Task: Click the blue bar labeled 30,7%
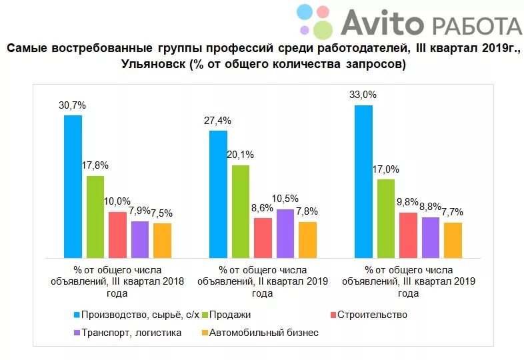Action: click(x=73, y=186)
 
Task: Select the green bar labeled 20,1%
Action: click(x=241, y=211)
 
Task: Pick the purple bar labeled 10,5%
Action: click(x=285, y=233)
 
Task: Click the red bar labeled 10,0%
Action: click(x=117, y=234)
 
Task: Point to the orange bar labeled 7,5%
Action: click(x=162, y=240)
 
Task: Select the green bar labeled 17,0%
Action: click(x=386, y=218)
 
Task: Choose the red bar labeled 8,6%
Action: click(x=263, y=237)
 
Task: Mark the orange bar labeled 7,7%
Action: click(x=453, y=239)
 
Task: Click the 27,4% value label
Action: click(x=218, y=121)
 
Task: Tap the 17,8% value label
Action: click(x=95, y=165)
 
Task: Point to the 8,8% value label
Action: click(x=431, y=207)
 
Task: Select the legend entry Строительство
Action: click(x=371, y=315)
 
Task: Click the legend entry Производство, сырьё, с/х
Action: click(x=137, y=315)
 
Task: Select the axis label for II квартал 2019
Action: click(x=263, y=281)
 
